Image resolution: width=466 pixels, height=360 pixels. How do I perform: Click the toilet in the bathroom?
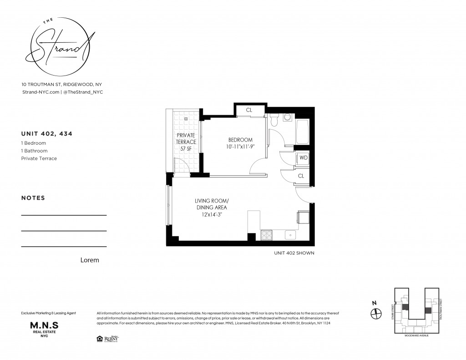point(274,120)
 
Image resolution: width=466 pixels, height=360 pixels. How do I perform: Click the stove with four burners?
point(266,235)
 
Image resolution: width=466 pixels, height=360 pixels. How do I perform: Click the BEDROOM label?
point(240,140)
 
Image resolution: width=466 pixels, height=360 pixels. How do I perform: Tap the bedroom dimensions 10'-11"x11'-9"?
point(240,147)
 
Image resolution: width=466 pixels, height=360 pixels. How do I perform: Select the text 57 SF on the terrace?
point(186,149)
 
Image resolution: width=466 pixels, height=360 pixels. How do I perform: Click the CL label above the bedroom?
point(249,110)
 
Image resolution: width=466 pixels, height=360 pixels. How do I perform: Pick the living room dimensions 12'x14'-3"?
point(208,214)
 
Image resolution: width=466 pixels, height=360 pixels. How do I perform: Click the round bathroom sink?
point(288,117)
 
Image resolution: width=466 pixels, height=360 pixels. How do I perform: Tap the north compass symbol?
point(376,313)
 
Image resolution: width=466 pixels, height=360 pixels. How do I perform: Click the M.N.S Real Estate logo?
point(44,329)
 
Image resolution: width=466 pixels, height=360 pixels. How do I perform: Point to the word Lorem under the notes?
point(89,260)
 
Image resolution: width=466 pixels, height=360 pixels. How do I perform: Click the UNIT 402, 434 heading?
point(47,134)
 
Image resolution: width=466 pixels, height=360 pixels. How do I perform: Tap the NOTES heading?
point(33,198)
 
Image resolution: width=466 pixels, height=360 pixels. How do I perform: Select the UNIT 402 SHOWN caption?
point(294,253)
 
